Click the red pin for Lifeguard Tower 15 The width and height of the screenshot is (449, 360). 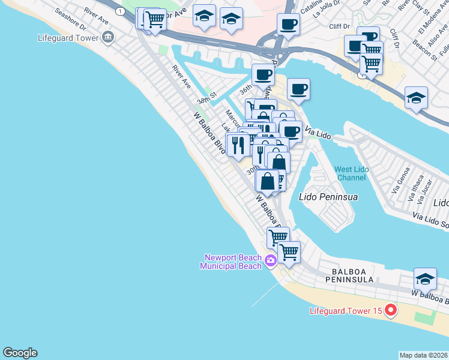391,310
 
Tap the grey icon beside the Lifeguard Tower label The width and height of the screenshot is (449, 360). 108,38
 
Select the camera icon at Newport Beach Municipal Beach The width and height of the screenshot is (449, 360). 271,260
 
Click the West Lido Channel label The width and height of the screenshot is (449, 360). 351,173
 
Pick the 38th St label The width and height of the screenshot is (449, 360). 205,101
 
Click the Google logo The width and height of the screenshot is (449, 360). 20,353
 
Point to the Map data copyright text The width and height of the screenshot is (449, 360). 423,355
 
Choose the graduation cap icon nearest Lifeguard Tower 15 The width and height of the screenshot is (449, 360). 424,278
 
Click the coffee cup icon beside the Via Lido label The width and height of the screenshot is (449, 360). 291,131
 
